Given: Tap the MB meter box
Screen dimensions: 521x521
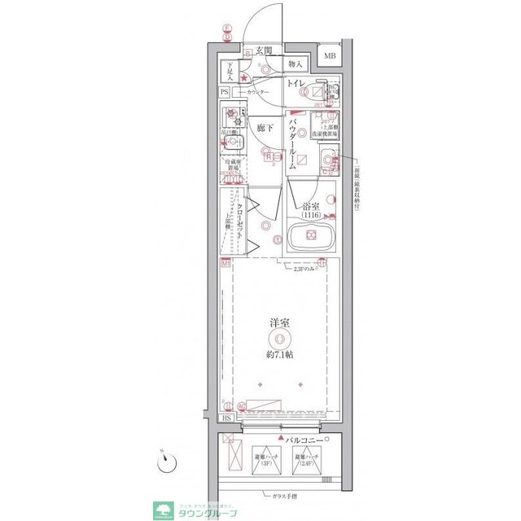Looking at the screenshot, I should point(329,55).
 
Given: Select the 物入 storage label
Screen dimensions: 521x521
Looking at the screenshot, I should point(295,64).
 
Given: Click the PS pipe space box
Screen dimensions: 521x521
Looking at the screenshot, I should point(225,92).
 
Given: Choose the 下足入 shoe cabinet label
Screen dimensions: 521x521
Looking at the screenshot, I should point(230,71).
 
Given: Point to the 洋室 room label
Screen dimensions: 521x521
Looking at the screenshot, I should point(279,323).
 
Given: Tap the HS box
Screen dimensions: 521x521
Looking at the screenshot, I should point(227,418).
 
